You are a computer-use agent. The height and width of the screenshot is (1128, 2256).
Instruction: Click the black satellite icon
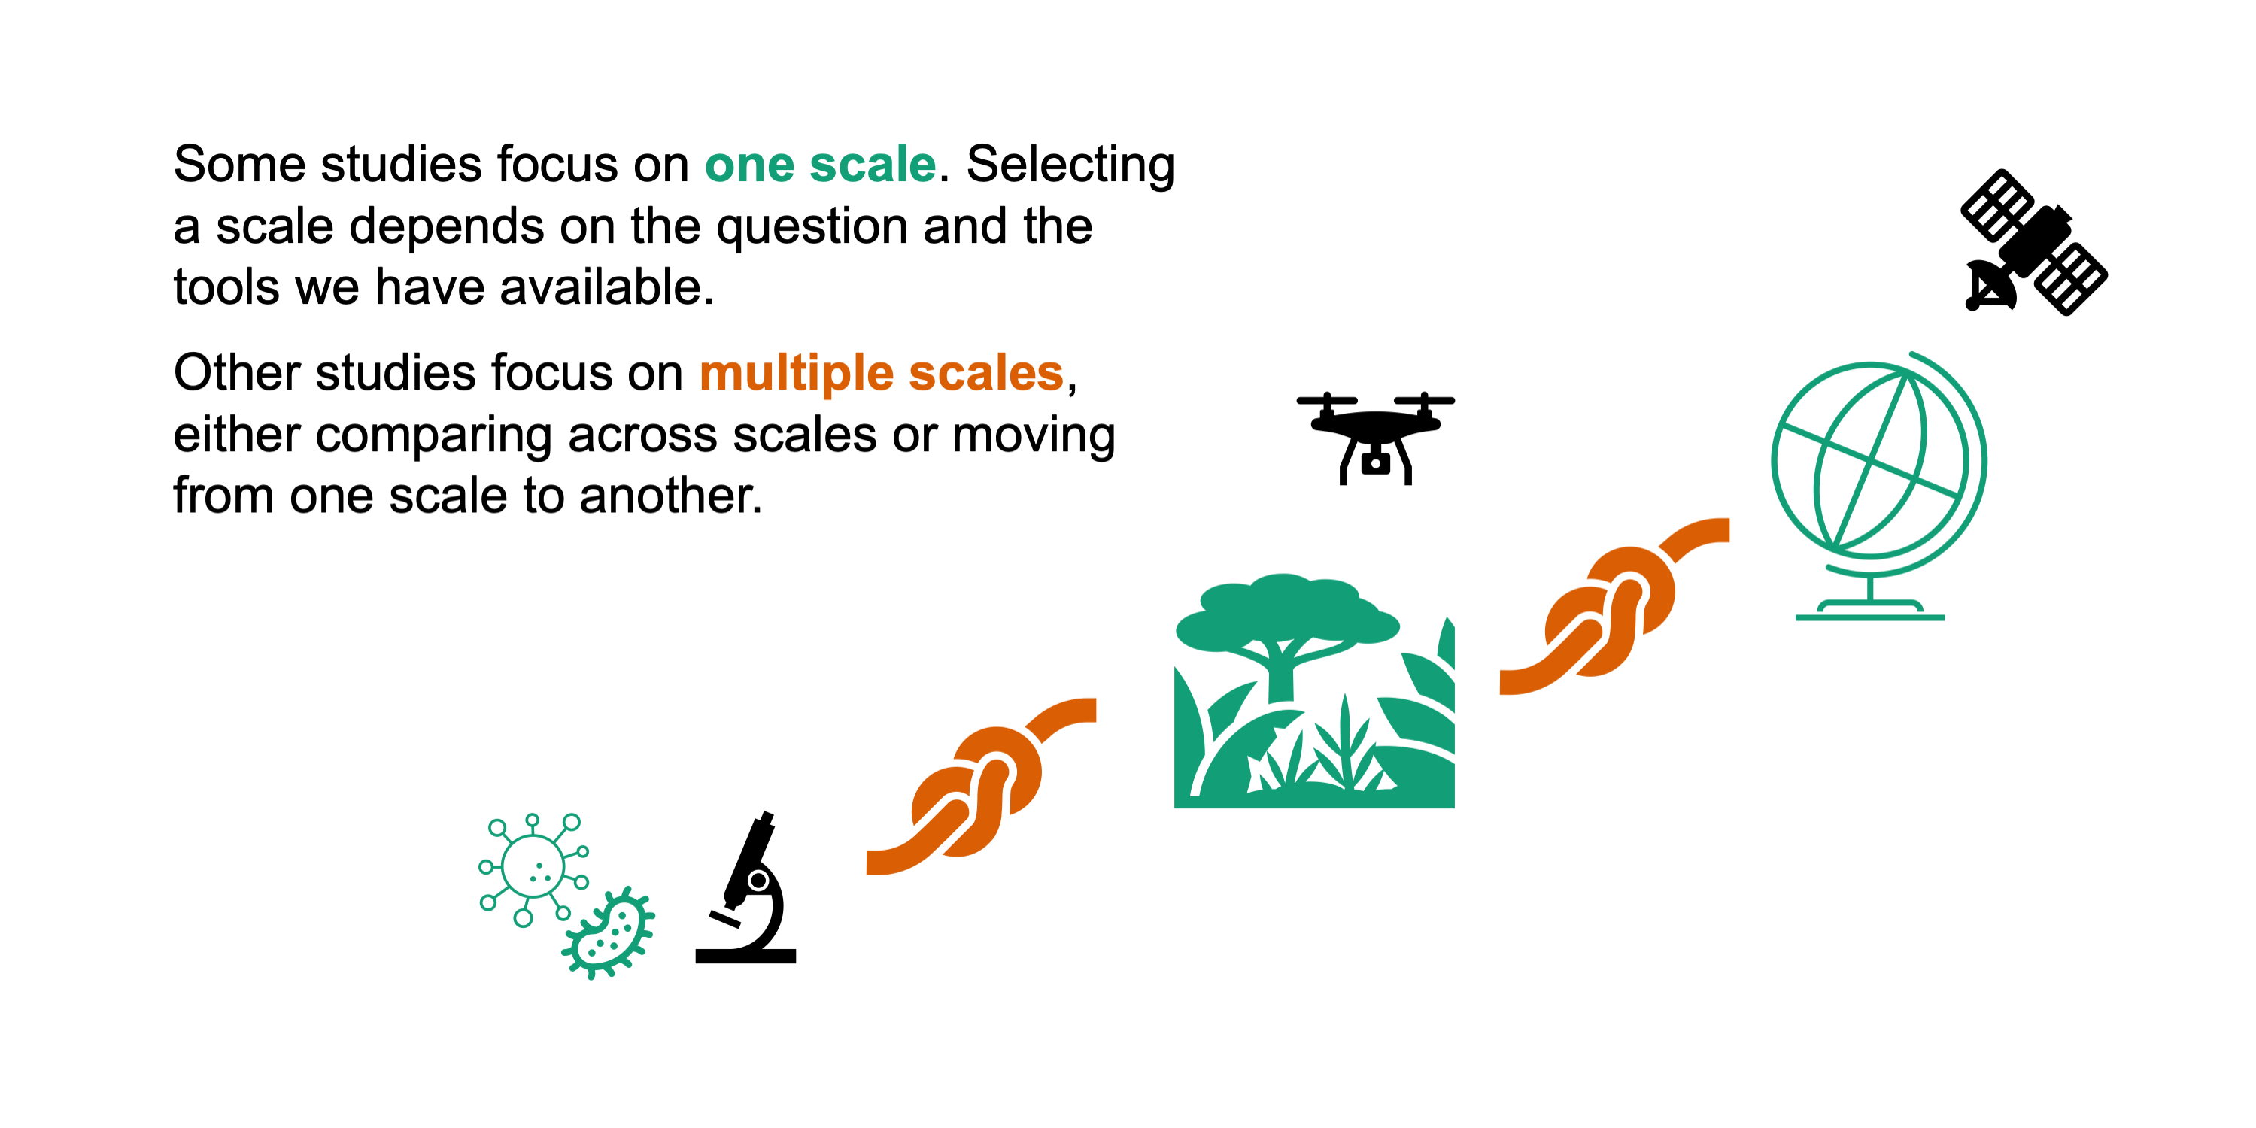point(2033,243)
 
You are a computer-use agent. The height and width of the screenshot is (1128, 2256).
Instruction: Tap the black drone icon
point(1375,438)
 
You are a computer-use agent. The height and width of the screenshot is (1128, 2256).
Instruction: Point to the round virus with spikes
point(533,867)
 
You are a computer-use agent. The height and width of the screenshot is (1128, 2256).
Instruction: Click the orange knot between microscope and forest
point(981,787)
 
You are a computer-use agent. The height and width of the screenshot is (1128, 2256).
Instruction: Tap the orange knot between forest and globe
point(1614,606)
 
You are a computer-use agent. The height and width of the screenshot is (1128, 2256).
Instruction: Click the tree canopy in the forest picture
point(1286,611)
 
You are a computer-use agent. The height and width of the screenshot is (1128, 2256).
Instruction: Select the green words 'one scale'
point(821,164)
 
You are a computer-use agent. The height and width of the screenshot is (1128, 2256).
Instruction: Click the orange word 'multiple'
point(796,374)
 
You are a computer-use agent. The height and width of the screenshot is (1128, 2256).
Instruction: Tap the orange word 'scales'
point(986,373)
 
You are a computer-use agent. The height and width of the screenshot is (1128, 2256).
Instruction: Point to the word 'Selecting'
point(1070,165)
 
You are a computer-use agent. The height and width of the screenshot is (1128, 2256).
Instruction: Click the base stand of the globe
point(1870,610)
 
